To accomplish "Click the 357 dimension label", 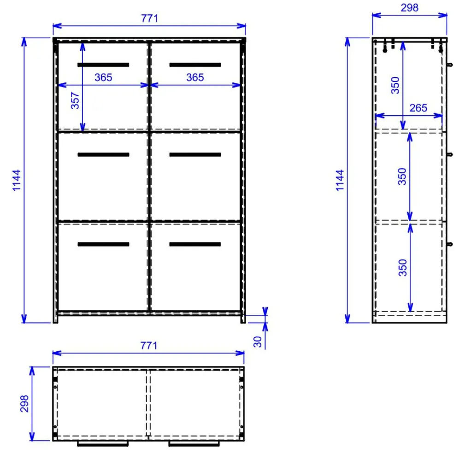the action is click(75, 100).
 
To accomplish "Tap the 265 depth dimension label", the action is click(418, 108).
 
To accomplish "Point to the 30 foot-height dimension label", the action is click(257, 342).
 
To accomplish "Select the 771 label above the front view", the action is click(149, 18).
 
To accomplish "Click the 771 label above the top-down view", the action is click(149, 346).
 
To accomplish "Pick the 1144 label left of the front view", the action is click(17, 180).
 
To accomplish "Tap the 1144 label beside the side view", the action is click(340, 180).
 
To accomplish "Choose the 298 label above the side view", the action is click(409, 8).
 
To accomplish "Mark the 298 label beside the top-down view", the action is click(24, 404).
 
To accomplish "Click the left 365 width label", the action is click(103, 77).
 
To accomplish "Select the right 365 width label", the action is click(195, 77).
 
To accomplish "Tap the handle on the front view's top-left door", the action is click(103, 65).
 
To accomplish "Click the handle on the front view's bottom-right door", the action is click(195, 244).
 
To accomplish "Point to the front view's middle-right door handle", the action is click(195, 154).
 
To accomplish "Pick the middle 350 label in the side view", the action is click(402, 177).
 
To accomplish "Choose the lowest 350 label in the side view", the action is click(402, 268).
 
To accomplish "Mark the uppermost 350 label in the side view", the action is click(395, 85).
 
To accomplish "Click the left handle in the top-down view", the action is click(103, 443).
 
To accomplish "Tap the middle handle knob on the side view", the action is click(449, 154).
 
